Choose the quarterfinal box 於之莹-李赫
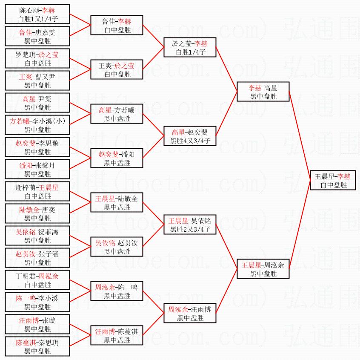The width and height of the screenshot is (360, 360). coord(190,48)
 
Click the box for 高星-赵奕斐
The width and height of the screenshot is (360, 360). coord(190,136)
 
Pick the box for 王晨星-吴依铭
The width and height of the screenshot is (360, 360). coord(190,225)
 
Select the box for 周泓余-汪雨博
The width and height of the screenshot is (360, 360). coord(190,314)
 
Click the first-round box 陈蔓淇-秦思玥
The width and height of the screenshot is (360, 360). coord(37,347)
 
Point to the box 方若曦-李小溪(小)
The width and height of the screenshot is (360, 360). coord(37,125)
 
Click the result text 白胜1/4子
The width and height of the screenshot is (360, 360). coord(190,52)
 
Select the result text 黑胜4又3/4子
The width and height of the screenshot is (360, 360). coord(190,141)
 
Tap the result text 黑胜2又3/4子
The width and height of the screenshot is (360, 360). coord(190,230)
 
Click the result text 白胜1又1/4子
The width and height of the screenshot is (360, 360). coord(37,19)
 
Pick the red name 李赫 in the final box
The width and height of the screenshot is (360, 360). coord(343,176)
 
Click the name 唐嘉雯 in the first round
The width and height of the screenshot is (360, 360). coord(46,32)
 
